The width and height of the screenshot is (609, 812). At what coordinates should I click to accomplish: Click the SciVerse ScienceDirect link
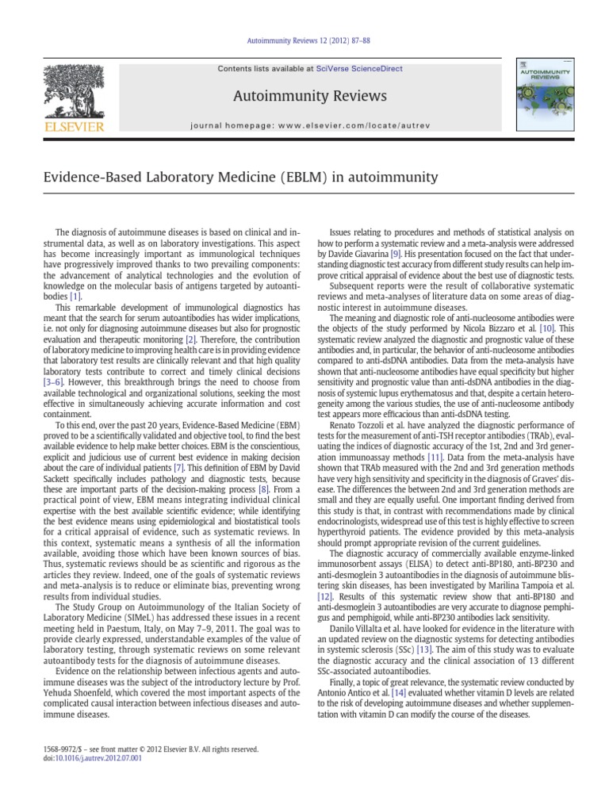(x=354, y=69)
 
